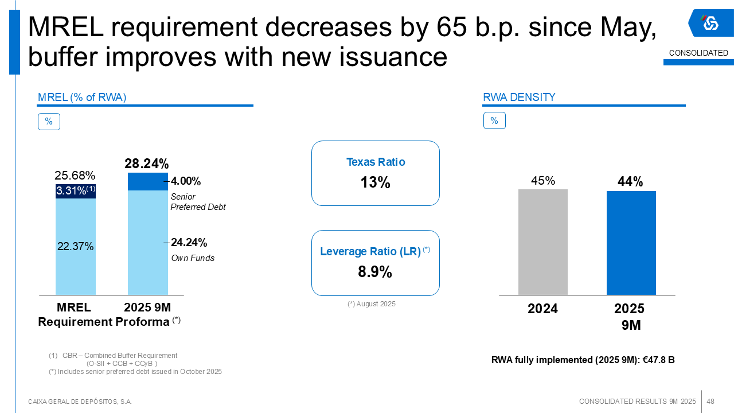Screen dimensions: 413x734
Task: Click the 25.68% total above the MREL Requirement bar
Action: click(x=75, y=176)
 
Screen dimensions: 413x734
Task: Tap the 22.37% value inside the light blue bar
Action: click(x=75, y=247)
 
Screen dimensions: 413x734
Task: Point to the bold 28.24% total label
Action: click(x=147, y=164)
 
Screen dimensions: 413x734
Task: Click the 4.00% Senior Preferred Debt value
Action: click(x=186, y=181)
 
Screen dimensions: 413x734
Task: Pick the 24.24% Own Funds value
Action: click(x=189, y=243)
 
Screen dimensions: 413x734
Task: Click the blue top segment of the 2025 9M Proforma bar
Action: click(x=148, y=182)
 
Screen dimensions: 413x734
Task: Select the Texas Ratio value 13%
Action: click(x=375, y=183)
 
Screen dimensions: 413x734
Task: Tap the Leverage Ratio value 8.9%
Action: click(x=375, y=272)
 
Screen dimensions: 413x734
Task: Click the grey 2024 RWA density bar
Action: click(x=542, y=242)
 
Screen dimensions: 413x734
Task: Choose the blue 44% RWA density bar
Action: click(x=631, y=243)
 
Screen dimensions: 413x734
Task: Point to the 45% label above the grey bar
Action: click(x=542, y=181)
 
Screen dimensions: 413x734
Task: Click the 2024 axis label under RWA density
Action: click(x=542, y=309)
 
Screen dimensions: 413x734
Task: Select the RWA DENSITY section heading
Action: click(x=519, y=98)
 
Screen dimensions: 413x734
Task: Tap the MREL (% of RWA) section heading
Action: click(x=82, y=98)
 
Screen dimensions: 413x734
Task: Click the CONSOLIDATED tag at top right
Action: click(x=698, y=53)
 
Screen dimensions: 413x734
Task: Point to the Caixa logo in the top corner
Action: click(x=710, y=23)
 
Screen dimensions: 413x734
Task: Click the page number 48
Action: click(x=710, y=402)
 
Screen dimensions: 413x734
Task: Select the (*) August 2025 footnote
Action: click(x=371, y=304)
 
